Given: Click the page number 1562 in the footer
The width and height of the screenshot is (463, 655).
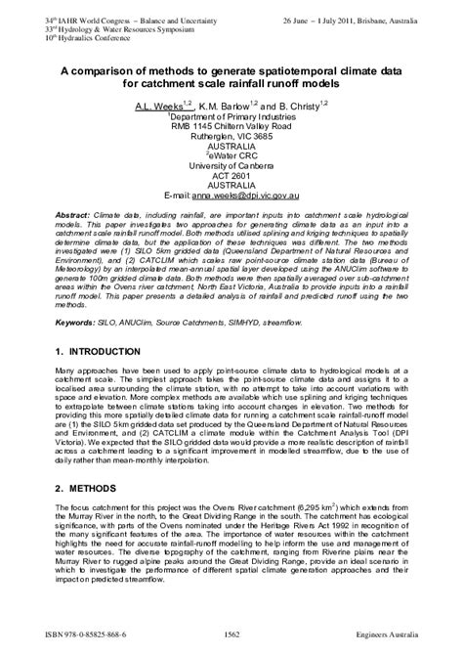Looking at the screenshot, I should [231, 635].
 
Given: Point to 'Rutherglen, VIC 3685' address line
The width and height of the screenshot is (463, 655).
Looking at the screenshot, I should [232, 136].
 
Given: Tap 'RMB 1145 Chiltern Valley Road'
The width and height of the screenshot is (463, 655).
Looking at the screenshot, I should [232, 126].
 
